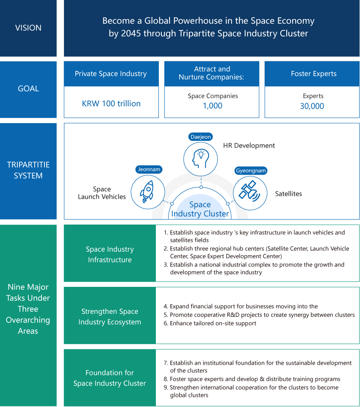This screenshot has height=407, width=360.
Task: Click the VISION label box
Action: click(x=28, y=28)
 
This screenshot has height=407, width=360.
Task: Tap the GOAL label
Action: click(x=28, y=89)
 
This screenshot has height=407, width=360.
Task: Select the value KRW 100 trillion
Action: click(x=111, y=104)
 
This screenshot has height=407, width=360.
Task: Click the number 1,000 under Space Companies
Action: click(x=212, y=106)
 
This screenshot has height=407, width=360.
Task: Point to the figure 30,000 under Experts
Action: click(x=312, y=106)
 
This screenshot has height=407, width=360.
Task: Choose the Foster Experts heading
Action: click(x=313, y=74)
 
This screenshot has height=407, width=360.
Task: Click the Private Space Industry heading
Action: click(x=111, y=74)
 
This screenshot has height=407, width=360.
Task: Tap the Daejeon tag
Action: click(x=200, y=137)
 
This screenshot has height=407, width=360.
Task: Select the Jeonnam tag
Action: click(x=149, y=170)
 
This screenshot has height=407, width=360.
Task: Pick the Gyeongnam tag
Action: click(x=251, y=170)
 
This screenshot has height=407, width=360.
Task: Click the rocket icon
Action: click(x=147, y=192)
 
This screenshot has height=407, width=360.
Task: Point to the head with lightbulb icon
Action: click(x=200, y=159)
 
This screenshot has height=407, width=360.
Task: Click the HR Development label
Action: click(x=249, y=146)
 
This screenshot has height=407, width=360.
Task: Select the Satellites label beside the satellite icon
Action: click(x=288, y=194)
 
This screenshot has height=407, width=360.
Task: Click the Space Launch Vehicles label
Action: click(x=102, y=193)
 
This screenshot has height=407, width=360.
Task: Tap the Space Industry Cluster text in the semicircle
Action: click(x=200, y=209)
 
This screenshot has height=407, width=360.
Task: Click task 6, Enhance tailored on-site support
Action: click(x=210, y=323)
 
